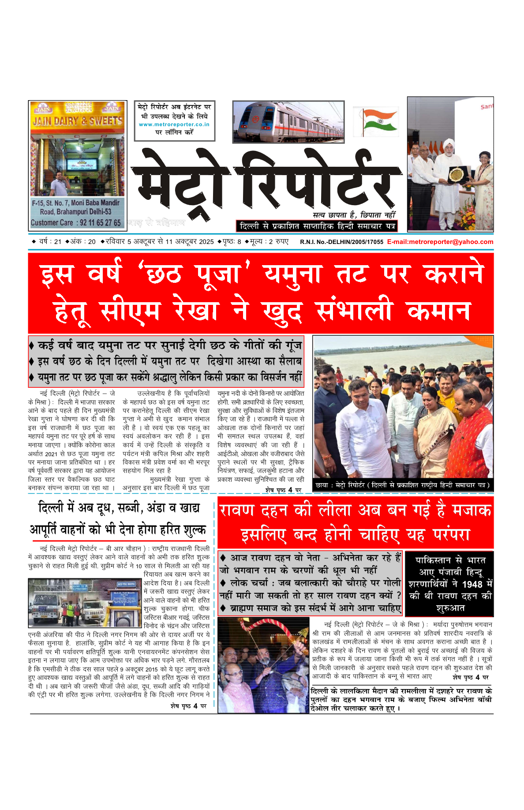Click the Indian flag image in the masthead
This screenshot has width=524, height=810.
coord(376,121)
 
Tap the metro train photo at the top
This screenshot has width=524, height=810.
coord(288,122)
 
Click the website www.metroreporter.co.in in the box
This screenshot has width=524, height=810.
coord(174,124)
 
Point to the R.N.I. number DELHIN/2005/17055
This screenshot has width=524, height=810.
coord(341,242)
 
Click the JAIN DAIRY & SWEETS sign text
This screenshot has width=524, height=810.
coord(78,120)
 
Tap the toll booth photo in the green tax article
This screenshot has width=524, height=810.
coord(85,603)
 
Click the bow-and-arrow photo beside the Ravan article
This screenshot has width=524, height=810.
coord(263,665)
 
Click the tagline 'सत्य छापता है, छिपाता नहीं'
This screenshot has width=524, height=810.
coord(354,215)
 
